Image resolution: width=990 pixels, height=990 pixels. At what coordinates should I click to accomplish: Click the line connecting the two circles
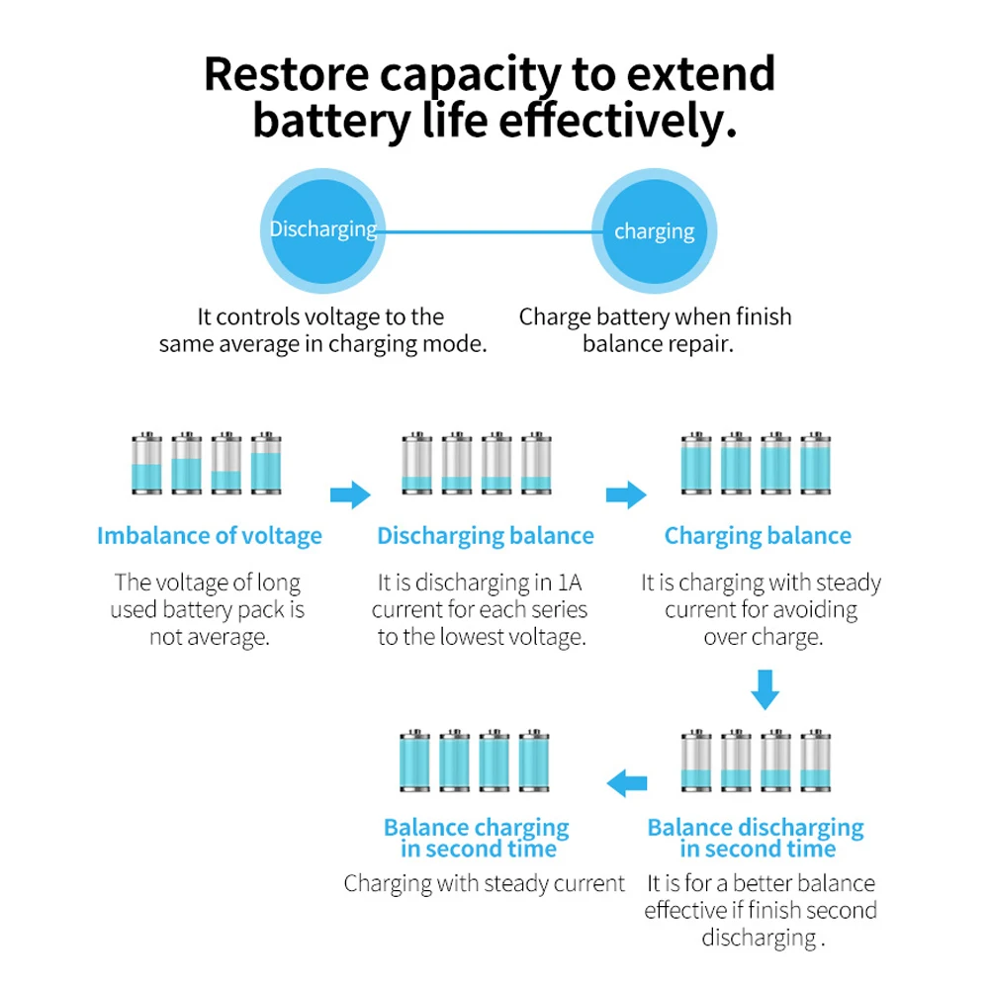point(489,231)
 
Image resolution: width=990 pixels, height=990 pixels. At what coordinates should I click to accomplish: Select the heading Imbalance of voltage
point(209,536)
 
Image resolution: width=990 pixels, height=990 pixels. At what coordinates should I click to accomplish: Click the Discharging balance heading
point(485,536)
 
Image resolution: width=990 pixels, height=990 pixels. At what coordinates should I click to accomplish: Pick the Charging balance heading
point(758,536)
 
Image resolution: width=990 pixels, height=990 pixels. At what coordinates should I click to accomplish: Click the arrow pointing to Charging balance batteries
point(625,495)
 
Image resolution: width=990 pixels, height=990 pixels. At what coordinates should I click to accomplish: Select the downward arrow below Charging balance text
point(764,689)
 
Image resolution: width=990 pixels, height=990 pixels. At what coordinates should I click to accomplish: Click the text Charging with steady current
point(484,883)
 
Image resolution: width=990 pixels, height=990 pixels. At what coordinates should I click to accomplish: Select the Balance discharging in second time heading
point(756,838)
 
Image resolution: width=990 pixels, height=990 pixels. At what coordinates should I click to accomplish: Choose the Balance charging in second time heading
point(477,838)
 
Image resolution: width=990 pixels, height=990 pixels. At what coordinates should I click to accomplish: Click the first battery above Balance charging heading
point(414,761)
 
